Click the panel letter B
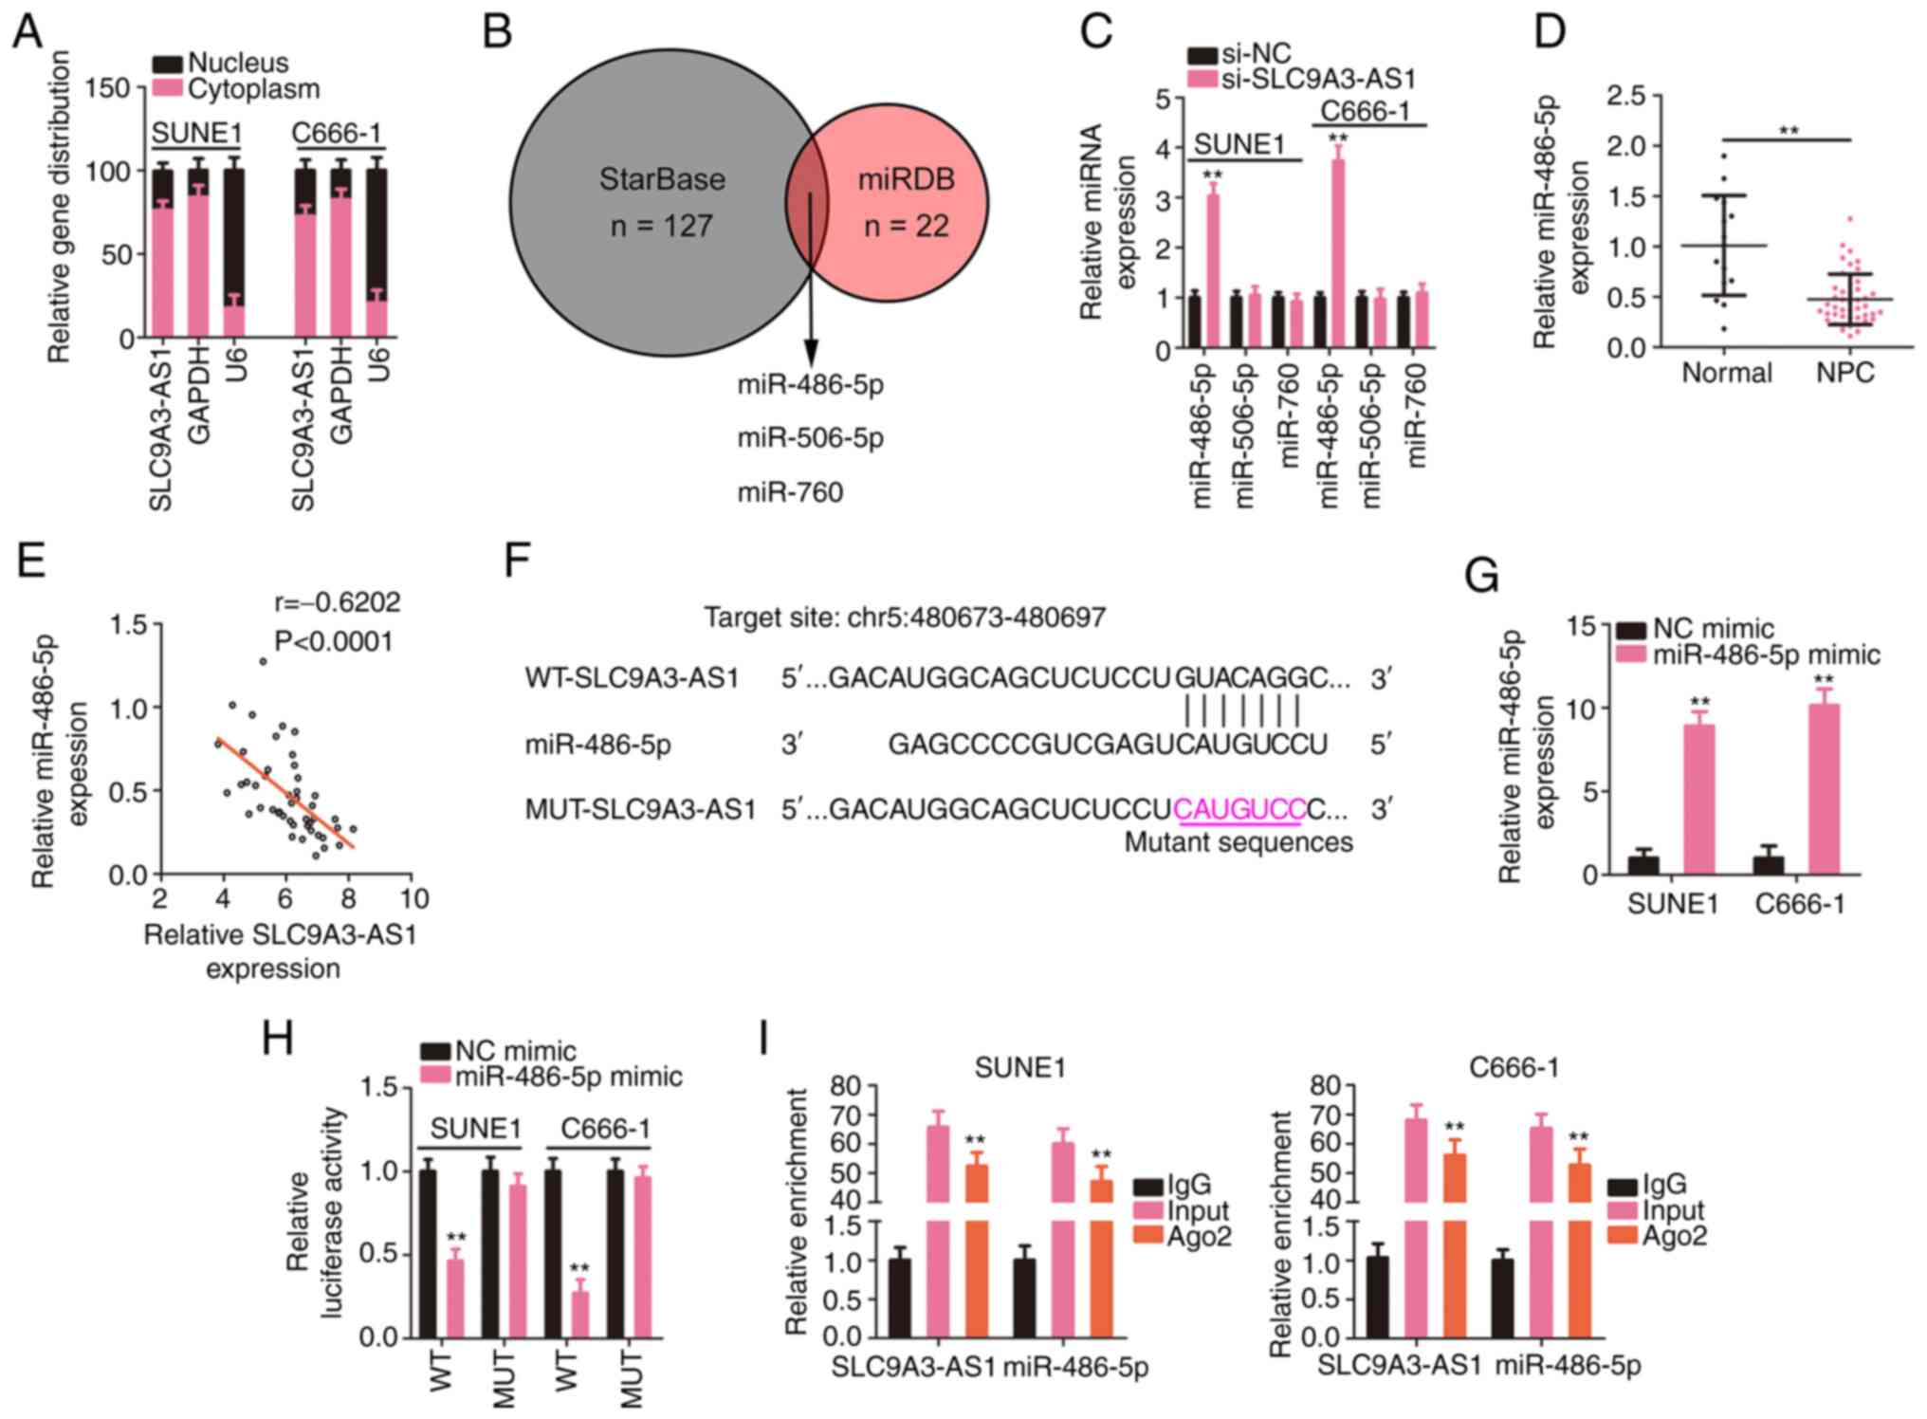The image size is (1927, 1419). [497, 32]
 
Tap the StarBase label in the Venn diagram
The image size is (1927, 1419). [662, 179]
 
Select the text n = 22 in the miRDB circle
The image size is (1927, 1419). [906, 226]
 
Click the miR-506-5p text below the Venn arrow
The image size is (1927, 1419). [810, 438]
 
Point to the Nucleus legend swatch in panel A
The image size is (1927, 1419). [168, 64]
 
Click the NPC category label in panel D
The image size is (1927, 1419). [1844, 373]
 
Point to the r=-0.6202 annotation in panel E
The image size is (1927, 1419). [337, 602]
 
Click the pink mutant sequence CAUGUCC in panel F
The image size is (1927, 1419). [1239, 809]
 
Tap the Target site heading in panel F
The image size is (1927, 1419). [904, 618]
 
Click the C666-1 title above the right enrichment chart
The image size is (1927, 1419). [1513, 1067]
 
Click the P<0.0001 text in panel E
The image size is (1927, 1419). [333, 642]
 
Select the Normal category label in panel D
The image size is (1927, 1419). [1726, 373]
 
